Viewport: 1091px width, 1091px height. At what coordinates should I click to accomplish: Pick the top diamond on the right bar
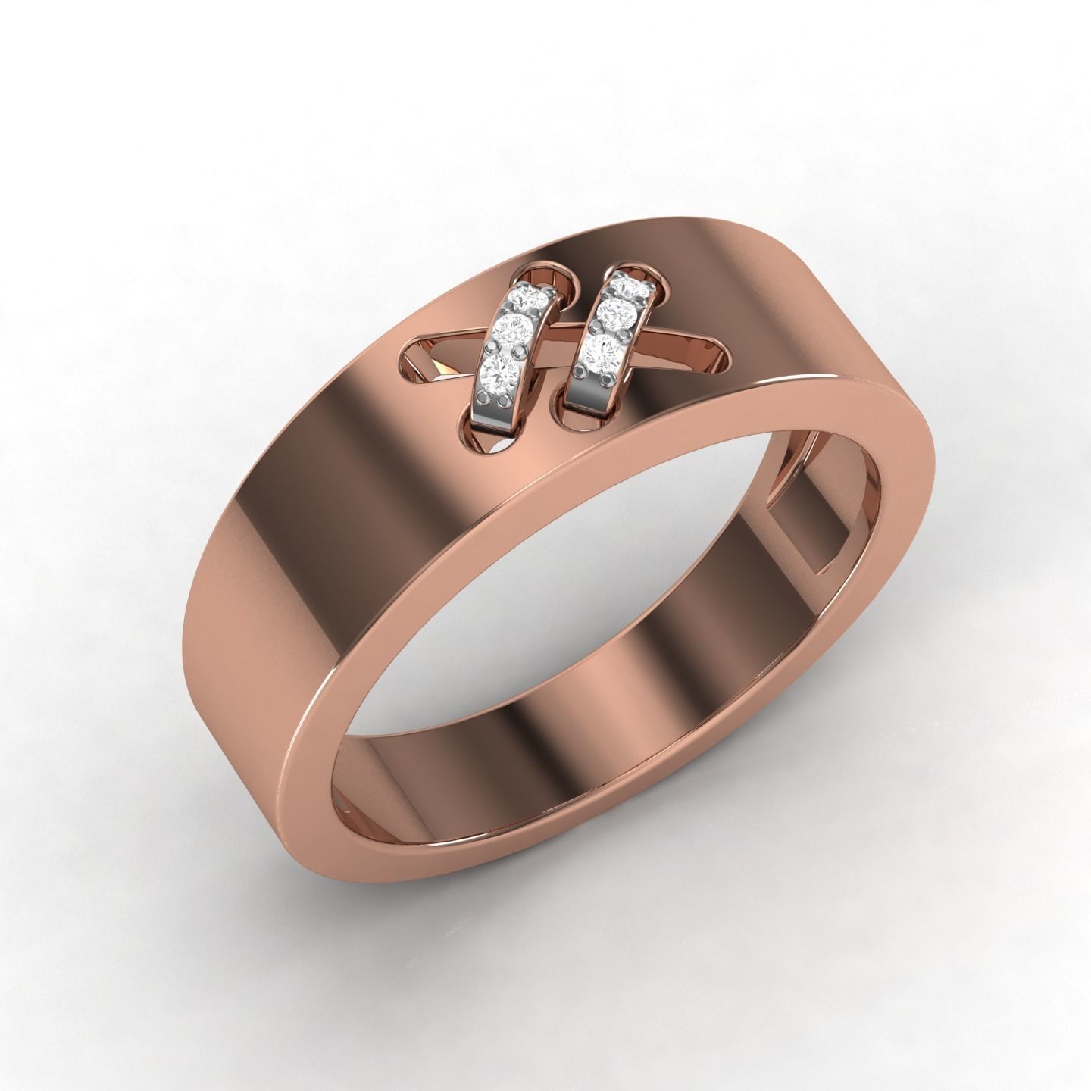click(627, 287)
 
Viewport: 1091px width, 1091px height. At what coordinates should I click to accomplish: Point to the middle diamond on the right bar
click(614, 312)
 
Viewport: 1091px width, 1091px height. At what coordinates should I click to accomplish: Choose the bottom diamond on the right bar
click(602, 351)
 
